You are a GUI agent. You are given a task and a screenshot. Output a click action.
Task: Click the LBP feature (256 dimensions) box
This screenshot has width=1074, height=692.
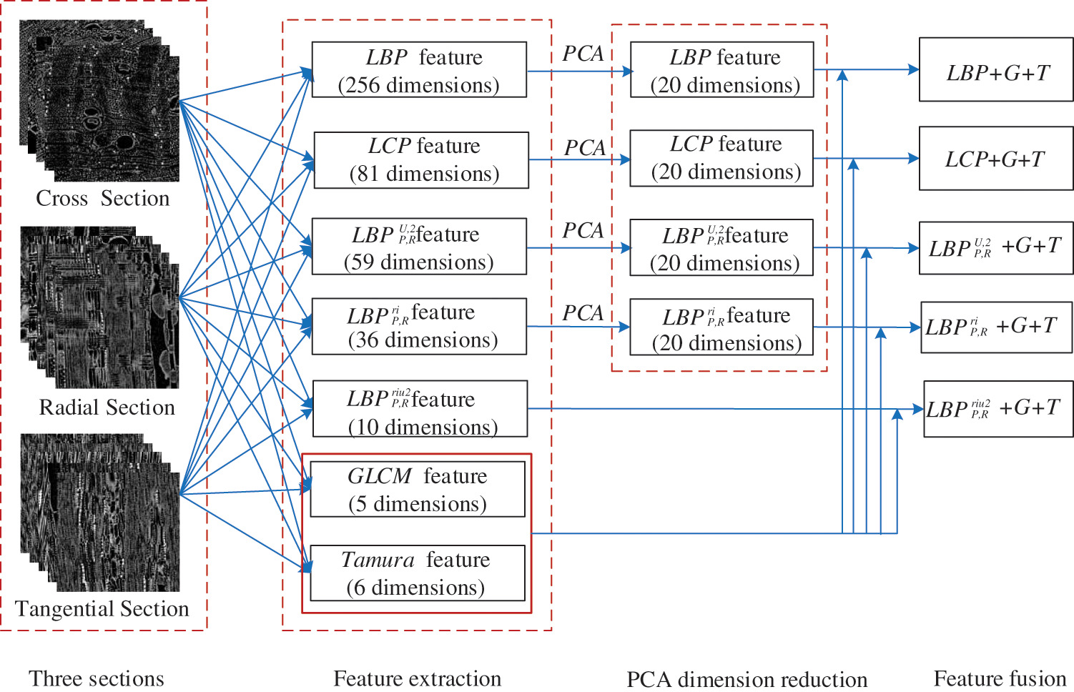pos(419,70)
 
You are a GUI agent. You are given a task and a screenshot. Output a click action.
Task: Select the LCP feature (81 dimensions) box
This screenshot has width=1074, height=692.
pos(421,160)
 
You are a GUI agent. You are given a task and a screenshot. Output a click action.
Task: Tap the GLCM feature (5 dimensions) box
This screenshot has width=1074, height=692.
pos(418,490)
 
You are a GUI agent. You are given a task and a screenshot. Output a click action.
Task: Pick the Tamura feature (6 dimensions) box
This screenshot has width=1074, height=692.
pos(417,573)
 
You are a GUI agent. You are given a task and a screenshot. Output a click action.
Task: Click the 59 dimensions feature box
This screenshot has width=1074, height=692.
pos(419,247)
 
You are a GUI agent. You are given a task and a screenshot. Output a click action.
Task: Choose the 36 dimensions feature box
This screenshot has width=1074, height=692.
pos(419,327)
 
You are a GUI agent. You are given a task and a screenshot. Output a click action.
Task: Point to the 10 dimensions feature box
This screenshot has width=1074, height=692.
pos(420,409)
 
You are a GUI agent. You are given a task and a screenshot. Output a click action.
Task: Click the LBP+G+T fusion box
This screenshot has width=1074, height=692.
pos(996,70)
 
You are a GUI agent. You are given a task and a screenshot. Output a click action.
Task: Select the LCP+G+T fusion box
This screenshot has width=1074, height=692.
pos(996,159)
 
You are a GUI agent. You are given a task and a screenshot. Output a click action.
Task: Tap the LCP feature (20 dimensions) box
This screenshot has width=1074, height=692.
pos(721,158)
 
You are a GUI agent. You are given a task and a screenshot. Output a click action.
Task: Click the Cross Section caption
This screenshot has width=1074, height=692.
pos(103,198)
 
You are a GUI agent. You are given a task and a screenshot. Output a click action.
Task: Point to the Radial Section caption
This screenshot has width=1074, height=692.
pos(107,407)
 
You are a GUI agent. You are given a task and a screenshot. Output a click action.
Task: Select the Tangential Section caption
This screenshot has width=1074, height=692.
pos(102,609)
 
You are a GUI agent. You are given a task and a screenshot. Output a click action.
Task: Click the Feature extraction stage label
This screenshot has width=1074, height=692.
pos(418,678)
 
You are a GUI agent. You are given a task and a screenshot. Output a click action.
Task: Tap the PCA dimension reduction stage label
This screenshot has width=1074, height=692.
pos(747,679)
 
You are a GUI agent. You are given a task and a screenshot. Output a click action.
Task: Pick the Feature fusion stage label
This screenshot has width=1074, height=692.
pos(1000,678)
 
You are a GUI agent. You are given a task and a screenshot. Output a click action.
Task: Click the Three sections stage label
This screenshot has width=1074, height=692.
pos(97,678)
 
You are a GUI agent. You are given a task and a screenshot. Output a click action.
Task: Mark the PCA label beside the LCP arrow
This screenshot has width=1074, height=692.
pos(585,148)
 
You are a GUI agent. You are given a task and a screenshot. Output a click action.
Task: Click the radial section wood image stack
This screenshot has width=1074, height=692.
pos(99,307)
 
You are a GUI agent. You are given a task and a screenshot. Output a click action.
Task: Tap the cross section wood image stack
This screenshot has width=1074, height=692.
pos(99,100)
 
